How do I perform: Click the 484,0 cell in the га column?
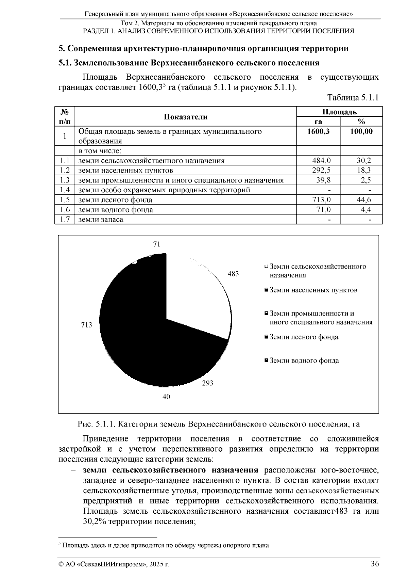(321, 161)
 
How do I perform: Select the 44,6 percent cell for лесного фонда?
(364, 200)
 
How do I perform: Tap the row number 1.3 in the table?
(65, 180)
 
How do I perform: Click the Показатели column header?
(186, 117)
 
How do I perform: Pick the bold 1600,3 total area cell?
(318, 132)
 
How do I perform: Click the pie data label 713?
(86, 325)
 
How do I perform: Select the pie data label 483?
(233, 274)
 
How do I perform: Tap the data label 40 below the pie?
(166, 397)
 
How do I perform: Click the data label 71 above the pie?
(156, 244)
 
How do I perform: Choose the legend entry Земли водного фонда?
(304, 360)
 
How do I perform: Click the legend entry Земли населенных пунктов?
(313, 290)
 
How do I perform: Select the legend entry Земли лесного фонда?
(304, 337)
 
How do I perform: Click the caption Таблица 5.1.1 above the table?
(353, 98)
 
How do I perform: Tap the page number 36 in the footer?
(375, 564)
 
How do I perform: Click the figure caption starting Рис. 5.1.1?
(219, 424)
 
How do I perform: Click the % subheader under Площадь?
(361, 122)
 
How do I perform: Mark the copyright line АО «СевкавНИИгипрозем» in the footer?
(114, 564)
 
